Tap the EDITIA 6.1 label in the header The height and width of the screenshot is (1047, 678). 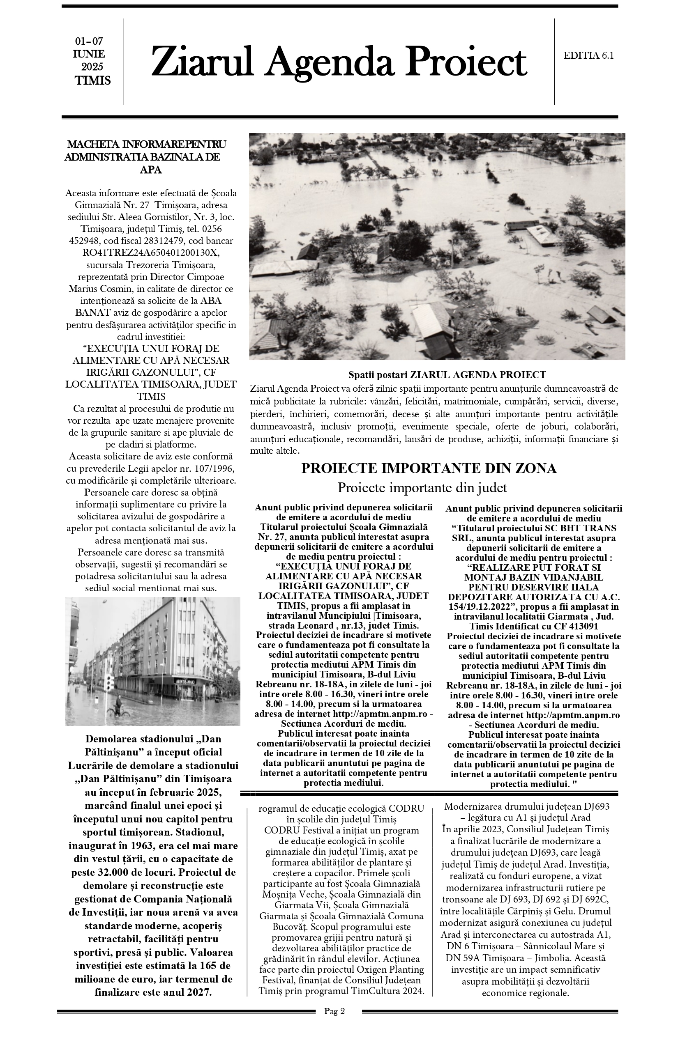pos(588,55)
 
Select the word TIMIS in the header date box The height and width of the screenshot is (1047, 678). pos(92,81)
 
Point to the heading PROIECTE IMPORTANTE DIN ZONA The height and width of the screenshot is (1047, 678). pos(429,468)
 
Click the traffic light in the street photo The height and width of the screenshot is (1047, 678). pos(109,682)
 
